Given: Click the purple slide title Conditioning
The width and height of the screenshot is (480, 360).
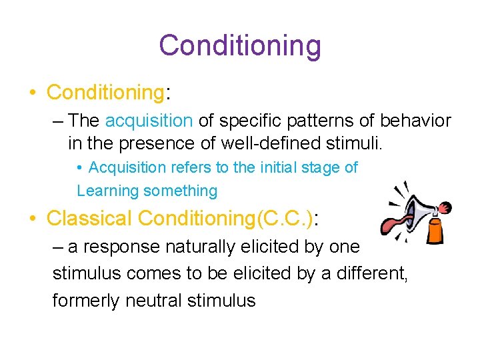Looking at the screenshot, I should (x=240, y=45).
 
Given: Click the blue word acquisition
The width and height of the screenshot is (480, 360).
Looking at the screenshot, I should (x=149, y=121).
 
